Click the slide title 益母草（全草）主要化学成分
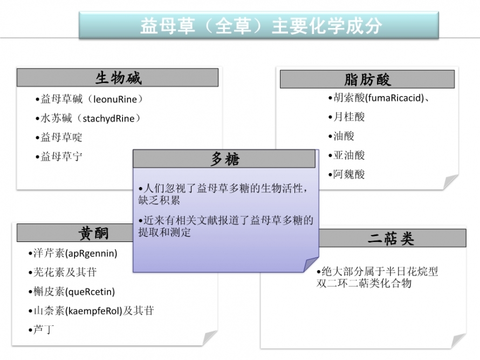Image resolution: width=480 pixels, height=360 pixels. (x=261, y=26)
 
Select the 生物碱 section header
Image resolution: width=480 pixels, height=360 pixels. (x=118, y=78)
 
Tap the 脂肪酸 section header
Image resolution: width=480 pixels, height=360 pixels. (x=367, y=80)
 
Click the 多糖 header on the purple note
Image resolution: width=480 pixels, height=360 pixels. (x=225, y=159)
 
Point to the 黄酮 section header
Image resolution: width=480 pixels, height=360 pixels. (x=93, y=233)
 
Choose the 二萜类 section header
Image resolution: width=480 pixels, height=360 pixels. (x=390, y=238)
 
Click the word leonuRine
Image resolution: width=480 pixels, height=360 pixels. (x=115, y=99)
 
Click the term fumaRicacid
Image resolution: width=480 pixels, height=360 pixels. (x=394, y=98)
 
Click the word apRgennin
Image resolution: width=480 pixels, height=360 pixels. (x=92, y=253)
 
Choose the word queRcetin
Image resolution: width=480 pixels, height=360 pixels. (x=90, y=292)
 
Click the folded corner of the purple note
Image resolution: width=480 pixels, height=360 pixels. (x=311, y=264)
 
